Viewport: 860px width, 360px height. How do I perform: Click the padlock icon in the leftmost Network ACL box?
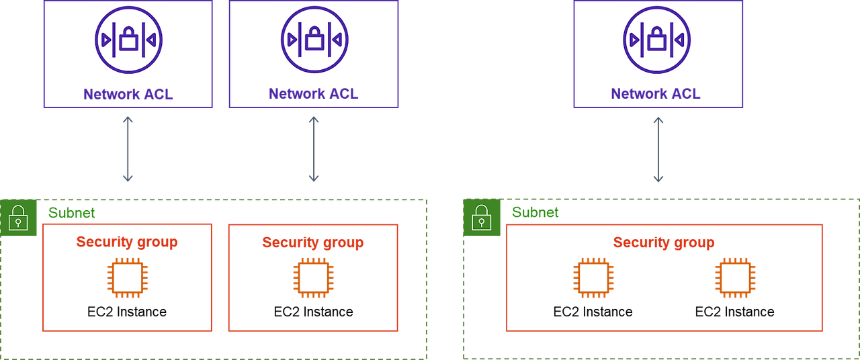(128, 40)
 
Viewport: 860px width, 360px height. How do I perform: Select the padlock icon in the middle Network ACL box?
(314, 40)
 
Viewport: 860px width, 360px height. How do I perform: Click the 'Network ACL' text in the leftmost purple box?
(128, 94)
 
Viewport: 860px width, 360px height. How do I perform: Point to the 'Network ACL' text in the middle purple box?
(314, 94)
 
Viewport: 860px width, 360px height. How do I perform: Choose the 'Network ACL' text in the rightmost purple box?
(656, 94)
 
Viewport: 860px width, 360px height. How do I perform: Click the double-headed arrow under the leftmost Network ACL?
(128, 149)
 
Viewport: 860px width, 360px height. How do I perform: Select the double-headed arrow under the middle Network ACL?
(314, 149)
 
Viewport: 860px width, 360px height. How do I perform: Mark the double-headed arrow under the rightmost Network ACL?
(658, 149)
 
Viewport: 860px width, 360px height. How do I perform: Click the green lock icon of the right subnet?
(482, 218)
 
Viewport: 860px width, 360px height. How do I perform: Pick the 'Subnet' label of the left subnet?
(71, 213)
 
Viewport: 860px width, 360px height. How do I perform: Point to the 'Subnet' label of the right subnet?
(535, 213)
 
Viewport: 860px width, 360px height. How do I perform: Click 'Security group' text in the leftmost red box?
(127, 242)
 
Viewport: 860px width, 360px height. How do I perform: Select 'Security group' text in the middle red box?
(313, 242)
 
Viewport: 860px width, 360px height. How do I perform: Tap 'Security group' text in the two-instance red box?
(664, 242)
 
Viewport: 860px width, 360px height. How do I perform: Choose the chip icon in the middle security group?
(313, 277)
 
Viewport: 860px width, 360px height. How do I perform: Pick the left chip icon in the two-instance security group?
(593, 277)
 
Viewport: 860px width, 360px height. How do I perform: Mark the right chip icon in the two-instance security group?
(735, 277)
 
